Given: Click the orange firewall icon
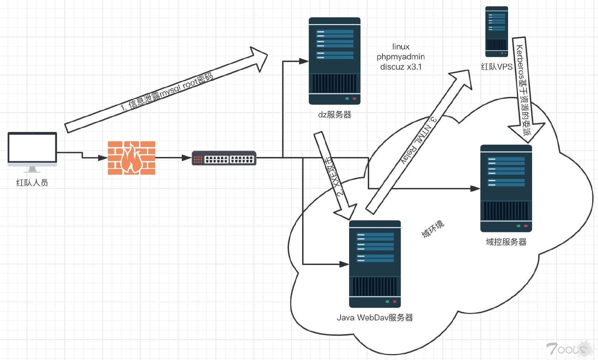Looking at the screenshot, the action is click(x=131, y=158).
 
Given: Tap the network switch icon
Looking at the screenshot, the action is click(x=224, y=158).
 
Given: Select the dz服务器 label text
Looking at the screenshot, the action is click(x=334, y=115).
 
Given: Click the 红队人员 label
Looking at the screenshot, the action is click(x=32, y=182).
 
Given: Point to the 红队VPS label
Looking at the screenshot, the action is click(x=496, y=67).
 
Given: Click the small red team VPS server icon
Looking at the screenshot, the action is click(x=496, y=32).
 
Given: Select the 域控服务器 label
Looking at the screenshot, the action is click(x=506, y=242).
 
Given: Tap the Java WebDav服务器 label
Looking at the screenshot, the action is click(x=375, y=317).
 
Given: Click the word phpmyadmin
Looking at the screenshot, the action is click(x=401, y=57).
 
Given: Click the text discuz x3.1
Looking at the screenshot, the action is click(x=401, y=67).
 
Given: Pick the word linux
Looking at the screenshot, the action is click(x=401, y=47).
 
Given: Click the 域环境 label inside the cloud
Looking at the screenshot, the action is click(x=433, y=229).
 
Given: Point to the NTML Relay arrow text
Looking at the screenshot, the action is click(x=419, y=140).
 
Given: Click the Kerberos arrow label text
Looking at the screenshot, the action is click(x=523, y=90).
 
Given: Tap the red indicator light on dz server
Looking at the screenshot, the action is click(x=354, y=99).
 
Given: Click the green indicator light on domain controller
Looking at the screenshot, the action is click(x=518, y=226).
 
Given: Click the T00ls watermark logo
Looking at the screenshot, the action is click(x=568, y=348).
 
